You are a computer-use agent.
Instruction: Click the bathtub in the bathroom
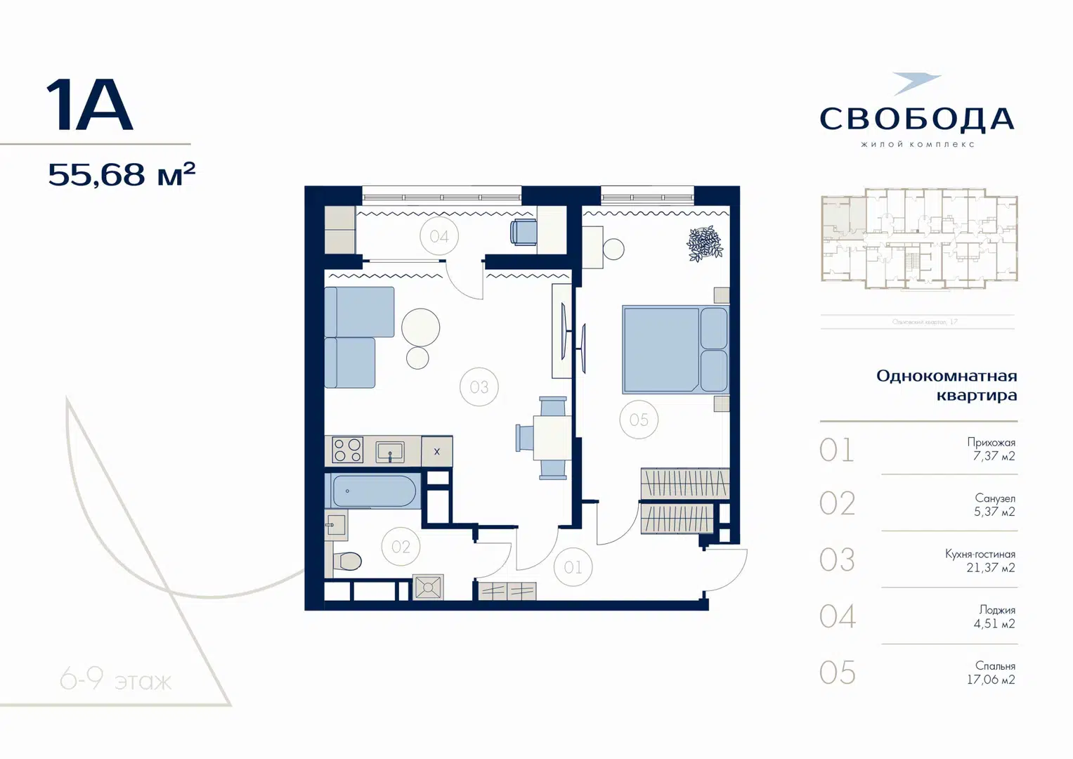point(374,491)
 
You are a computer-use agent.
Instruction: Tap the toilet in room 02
point(347,561)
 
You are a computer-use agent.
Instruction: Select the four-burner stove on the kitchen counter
point(347,450)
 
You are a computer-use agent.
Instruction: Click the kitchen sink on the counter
point(390,451)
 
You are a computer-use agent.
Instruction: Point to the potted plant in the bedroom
point(704,244)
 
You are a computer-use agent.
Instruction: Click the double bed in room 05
point(675,349)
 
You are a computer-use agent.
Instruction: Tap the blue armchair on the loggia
point(524,232)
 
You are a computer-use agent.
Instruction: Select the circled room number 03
point(479,387)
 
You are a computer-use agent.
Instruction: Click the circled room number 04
point(439,237)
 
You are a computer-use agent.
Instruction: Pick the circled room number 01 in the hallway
point(573,567)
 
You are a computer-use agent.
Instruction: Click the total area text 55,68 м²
point(122,174)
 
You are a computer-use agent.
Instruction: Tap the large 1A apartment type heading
point(89,106)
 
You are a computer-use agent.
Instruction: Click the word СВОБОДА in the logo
point(917,119)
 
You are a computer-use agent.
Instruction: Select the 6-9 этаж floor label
point(116,680)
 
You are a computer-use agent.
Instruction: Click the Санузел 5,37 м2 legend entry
point(994,505)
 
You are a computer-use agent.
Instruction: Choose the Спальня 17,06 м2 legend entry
point(990,673)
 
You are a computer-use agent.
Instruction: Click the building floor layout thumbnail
point(919,239)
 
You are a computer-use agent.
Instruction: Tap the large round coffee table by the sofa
point(421,327)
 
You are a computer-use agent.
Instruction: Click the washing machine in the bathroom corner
point(428,587)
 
